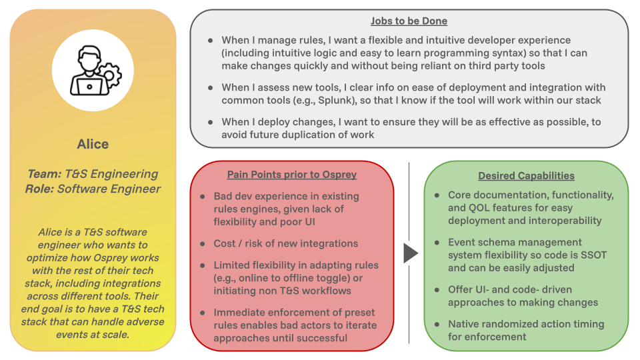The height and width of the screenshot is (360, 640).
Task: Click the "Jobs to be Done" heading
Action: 409,21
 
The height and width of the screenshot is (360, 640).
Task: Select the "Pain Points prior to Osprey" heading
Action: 292,175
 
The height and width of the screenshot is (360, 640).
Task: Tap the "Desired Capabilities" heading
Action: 526,176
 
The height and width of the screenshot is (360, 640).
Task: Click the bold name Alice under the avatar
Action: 93,144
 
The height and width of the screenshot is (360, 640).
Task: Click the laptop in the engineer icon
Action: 87,85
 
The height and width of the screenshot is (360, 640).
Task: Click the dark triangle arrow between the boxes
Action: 411,253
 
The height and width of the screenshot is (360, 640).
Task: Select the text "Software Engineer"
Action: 109,189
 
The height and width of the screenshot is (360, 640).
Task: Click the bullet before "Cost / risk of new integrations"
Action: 203,243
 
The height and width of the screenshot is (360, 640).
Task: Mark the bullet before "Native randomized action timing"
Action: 437,324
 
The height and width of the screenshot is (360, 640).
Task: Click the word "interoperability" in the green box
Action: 563,220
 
